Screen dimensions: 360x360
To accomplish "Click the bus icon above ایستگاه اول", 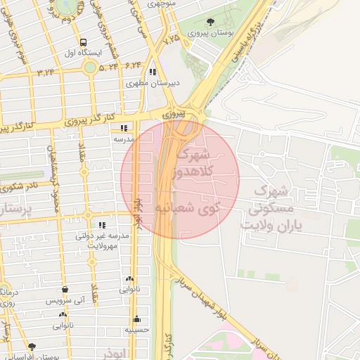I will tap(84, 41).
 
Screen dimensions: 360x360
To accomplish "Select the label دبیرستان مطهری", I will tap(153, 83).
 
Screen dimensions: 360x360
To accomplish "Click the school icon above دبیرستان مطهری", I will tap(153, 71).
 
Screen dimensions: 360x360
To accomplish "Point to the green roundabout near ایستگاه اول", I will tap(90, 67).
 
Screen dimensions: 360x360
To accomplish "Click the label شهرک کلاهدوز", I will tap(195, 161).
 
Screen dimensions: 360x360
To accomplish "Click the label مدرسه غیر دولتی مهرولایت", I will tap(103, 240).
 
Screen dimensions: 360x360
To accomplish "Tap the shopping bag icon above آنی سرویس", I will tap(65, 289).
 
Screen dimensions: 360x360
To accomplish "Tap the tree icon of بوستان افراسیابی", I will tap(32, 347).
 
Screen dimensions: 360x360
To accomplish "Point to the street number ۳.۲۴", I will tap(46, 72).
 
